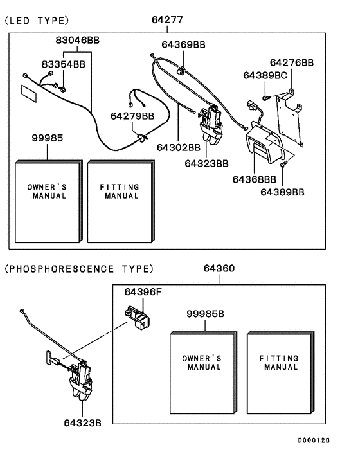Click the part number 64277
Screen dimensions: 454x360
[168, 20]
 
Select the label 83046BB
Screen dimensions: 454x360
[77, 40]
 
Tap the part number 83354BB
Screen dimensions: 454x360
[63, 64]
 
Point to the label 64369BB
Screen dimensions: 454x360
[183, 44]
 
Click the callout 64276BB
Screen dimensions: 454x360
[291, 62]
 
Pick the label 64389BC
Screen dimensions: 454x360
[265, 75]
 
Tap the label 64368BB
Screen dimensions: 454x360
[255, 178]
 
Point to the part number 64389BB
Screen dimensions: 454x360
[282, 192]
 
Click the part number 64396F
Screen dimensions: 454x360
[143, 292]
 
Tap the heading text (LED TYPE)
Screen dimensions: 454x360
[37, 21]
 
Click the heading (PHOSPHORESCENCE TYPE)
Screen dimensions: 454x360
[80, 269]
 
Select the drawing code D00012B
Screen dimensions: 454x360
[313, 440]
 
